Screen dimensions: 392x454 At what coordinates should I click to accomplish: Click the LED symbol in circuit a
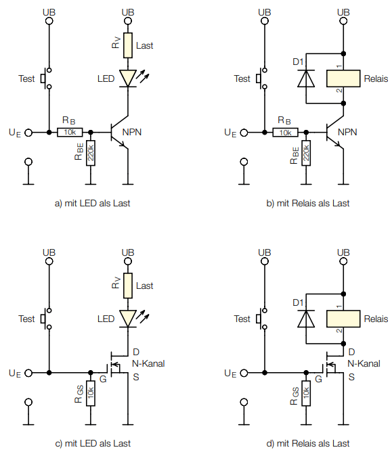(128, 78)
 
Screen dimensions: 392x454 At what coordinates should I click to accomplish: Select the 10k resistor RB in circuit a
(70, 133)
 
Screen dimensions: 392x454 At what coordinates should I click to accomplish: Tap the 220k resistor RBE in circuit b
(306, 153)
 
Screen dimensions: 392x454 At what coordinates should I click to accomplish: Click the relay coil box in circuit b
(343, 78)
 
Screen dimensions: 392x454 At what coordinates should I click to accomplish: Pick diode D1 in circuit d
(306, 319)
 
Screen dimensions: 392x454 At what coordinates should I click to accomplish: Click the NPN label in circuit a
(132, 133)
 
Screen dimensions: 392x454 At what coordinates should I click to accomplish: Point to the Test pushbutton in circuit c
(46, 319)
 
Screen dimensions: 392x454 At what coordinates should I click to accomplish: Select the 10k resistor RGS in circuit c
(91, 393)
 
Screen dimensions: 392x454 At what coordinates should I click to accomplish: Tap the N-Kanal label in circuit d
(364, 363)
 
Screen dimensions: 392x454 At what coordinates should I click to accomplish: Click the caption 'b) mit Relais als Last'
(307, 203)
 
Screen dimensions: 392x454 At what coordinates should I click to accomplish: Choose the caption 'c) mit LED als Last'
(93, 443)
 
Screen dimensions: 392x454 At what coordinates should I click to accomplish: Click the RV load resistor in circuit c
(128, 286)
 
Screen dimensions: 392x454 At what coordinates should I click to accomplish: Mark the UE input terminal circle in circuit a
(28, 133)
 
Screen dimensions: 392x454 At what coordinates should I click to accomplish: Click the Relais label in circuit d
(376, 319)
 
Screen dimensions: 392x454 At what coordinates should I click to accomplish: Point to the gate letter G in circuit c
(103, 379)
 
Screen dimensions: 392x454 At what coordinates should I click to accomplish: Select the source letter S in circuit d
(351, 377)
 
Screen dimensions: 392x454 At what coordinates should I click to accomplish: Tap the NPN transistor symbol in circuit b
(335, 133)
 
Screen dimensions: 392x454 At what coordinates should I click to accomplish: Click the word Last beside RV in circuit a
(144, 46)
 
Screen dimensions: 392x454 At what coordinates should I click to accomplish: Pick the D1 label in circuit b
(298, 62)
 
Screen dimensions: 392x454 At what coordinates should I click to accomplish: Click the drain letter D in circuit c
(136, 352)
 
